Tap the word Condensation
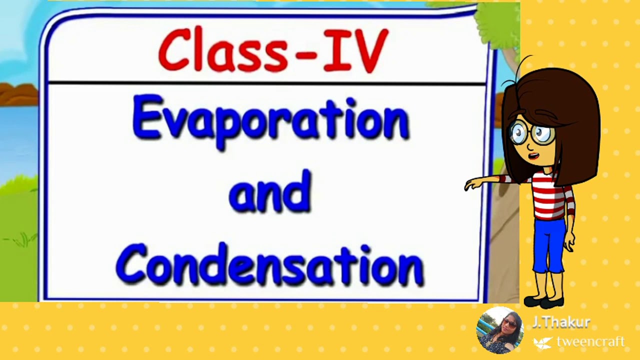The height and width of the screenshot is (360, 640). click(x=269, y=265)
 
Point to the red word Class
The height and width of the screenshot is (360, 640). click(x=222, y=50)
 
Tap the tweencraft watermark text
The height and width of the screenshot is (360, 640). click(x=590, y=342)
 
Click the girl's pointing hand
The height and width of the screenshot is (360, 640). click(x=472, y=184)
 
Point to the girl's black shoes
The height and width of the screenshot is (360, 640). click(x=544, y=302)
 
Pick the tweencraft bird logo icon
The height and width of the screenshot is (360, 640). click(x=542, y=342)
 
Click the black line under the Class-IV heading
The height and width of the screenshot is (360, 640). click(x=265, y=82)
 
